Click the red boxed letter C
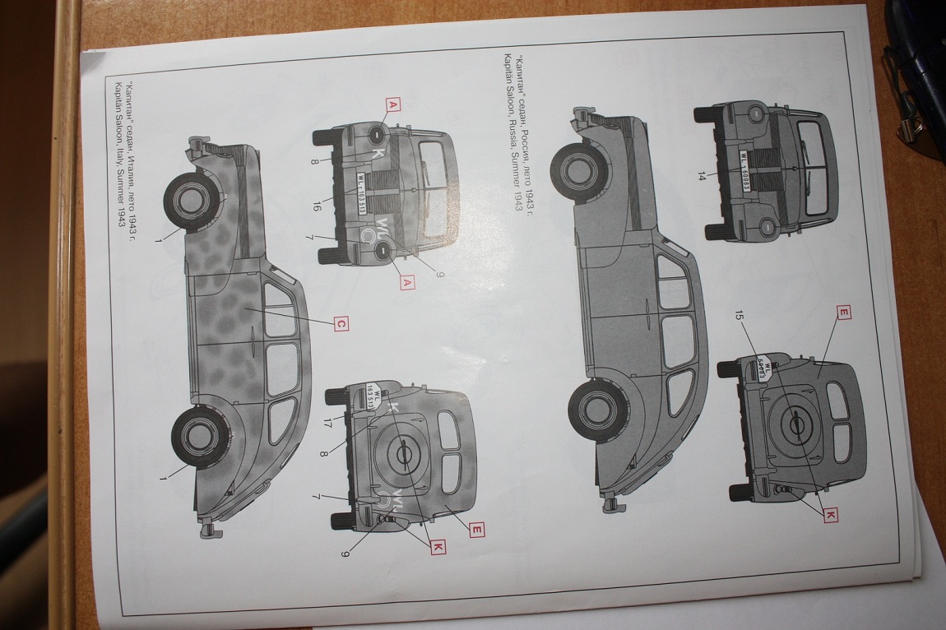pos(341,324)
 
